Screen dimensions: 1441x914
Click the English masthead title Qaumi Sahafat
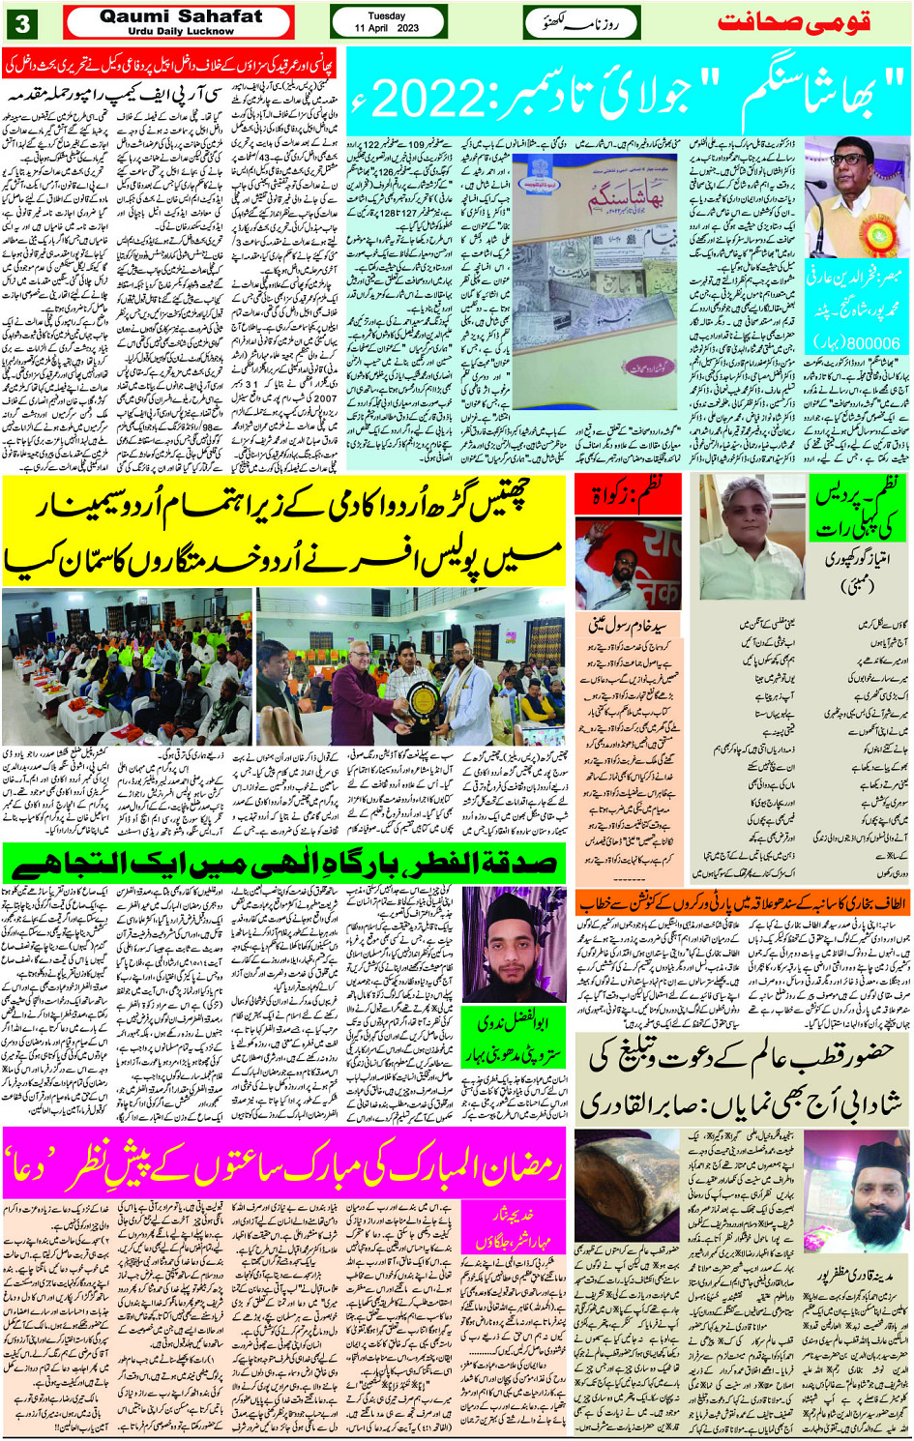(x=180, y=16)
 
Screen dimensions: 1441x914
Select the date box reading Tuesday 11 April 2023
(x=387, y=22)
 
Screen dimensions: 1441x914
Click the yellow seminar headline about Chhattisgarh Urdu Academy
(x=285, y=530)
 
